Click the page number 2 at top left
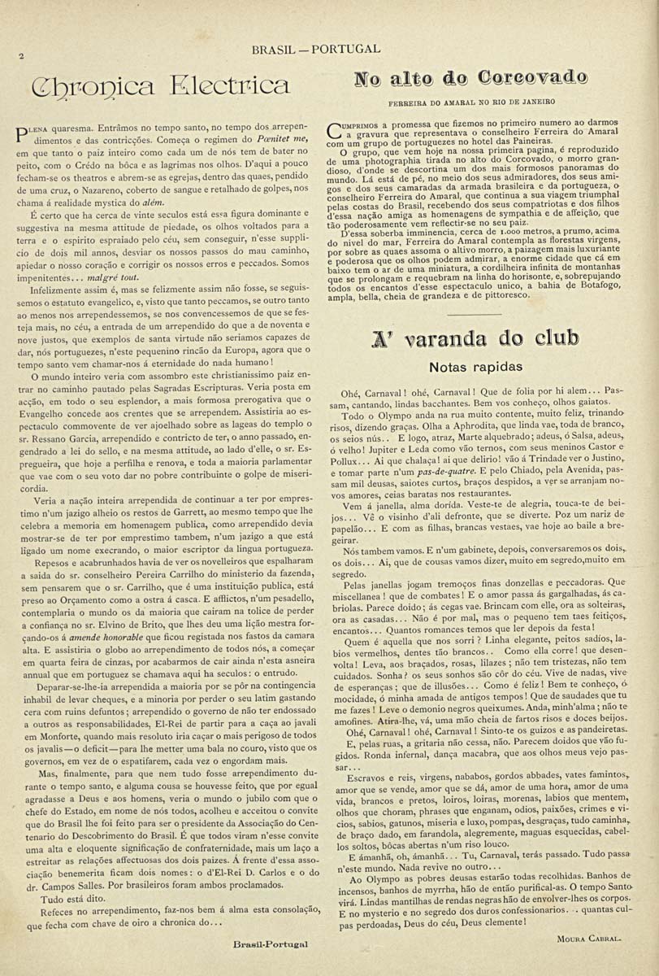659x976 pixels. pos(23,56)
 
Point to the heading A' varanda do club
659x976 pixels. pos(475,338)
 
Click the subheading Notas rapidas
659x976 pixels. pos(475,368)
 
